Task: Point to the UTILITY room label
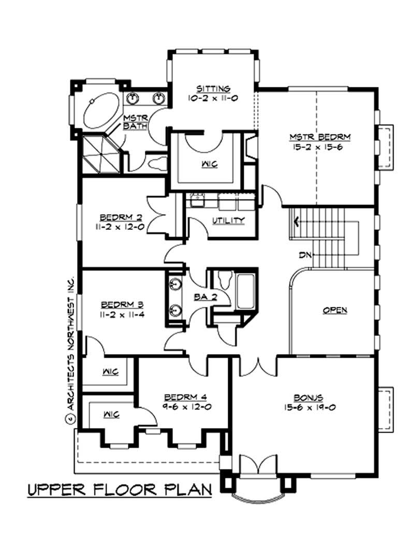pyautogui.click(x=228, y=221)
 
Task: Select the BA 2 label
pyautogui.click(x=202, y=297)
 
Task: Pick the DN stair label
pyautogui.click(x=305, y=255)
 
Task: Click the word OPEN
pyautogui.click(x=335, y=310)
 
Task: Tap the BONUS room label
pyautogui.click(x=308, y=398)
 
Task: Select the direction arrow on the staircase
pyautogui.click(x=295, y=223)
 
